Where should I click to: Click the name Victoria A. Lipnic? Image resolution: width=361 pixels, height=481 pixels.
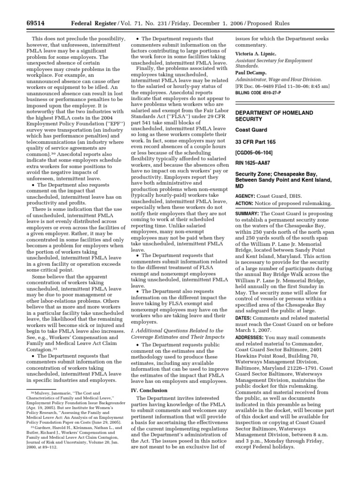[255, 54]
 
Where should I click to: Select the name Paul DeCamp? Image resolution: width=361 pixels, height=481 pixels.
[251, 73]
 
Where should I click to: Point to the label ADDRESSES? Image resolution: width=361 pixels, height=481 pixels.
[253, 337]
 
